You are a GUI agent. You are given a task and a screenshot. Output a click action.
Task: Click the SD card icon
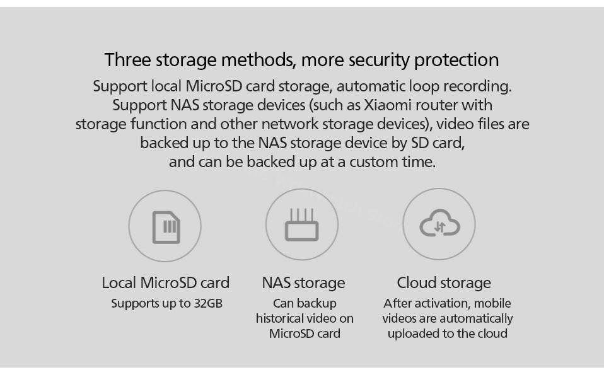coord(166,226)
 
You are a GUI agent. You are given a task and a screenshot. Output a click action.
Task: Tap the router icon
coord(301,226)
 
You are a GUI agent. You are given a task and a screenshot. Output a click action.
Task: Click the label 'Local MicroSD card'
coord(166,282)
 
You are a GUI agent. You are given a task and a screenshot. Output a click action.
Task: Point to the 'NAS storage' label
coord(303,282)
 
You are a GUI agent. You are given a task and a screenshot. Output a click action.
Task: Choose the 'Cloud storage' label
coord(444,282)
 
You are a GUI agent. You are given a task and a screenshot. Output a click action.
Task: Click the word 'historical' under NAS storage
coord(281,318)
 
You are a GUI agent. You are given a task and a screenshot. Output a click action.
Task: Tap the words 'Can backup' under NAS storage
coord(305,303)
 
